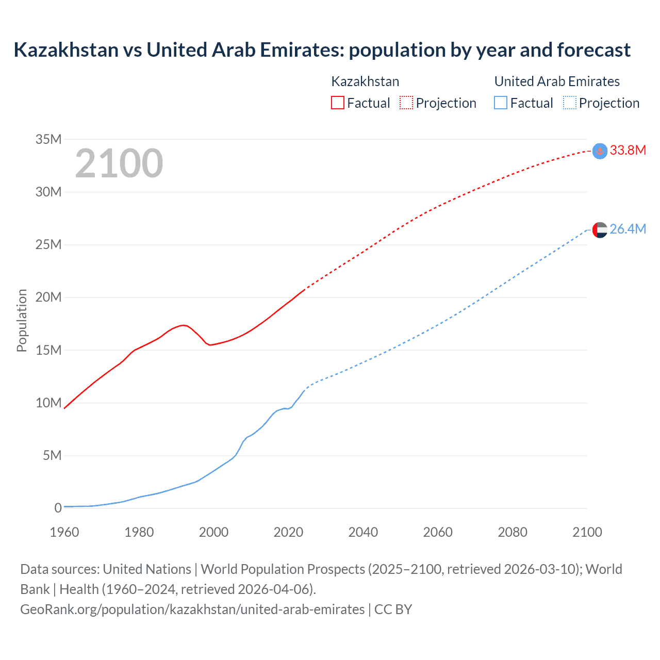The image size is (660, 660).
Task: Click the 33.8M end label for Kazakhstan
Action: coord(628,150)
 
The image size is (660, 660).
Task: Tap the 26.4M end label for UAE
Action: coord(628,229)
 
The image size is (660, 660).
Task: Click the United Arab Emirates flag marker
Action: coord(600,229)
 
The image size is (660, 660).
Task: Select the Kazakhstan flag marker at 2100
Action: coord(600,151)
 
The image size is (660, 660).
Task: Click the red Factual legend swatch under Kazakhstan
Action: coord(337,103)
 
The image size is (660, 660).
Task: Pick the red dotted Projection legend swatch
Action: coord(406,103)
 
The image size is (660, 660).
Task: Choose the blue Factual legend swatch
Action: coord(500,103)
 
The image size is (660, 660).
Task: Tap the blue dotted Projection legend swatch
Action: coord(570,103)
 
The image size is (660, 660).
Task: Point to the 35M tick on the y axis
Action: coord(48,139)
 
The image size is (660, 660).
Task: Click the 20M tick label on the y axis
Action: coord(48,298)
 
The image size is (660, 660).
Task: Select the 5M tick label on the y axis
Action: coord(52,456)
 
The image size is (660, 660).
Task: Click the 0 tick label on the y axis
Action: coord(58,508)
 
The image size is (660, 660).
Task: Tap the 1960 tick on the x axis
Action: coord(64,532)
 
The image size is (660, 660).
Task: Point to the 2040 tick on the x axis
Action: coord(363,532)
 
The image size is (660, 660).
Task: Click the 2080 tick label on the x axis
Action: coord(513,532)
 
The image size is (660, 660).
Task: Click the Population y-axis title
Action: coord(22,320)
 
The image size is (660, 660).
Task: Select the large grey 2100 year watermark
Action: coord(119,163)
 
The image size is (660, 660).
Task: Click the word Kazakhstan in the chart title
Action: coord(66,50)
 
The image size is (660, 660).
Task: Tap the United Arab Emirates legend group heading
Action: coord(557,81)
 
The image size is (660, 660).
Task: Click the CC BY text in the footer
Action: coord(393,609)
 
